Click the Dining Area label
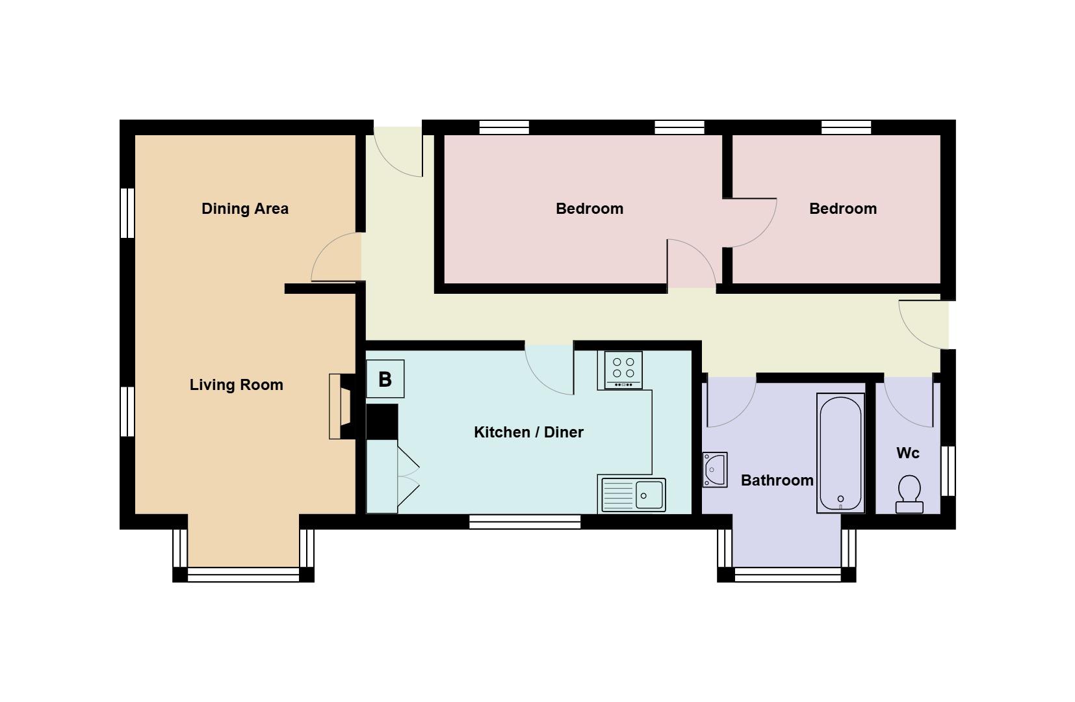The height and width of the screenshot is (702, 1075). point(244,209)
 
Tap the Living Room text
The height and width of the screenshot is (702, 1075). point(236,385)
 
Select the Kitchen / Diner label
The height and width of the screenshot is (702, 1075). point(528,432)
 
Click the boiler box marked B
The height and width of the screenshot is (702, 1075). point(385,379)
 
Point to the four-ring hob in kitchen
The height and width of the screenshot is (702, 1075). point(623,369)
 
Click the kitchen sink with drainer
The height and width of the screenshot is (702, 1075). point(633,495)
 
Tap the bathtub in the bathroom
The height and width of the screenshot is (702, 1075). point(840,454)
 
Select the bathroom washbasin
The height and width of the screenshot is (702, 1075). point(714,469)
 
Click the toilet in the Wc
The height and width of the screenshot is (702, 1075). point(909,493)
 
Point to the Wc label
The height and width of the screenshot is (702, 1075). point(907,453)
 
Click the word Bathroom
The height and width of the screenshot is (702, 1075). point(777,480)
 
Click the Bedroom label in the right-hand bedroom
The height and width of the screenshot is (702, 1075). point(842,209)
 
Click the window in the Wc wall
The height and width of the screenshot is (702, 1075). point(948,471)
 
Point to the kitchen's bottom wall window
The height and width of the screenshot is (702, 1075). point(525,521)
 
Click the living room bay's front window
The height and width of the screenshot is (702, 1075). point(243,575)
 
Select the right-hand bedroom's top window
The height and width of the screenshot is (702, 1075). point(846,127)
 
